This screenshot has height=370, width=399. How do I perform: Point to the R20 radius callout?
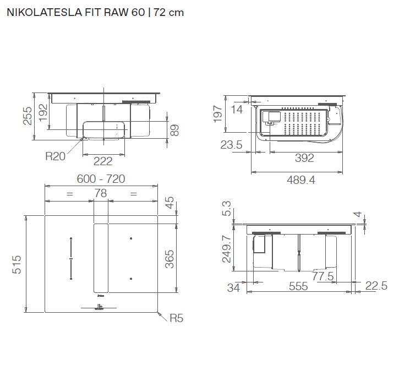(55, 156)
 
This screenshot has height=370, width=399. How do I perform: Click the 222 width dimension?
(103, 161)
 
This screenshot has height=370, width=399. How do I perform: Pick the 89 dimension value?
(174, 130)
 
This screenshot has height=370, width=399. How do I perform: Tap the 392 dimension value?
(303, 159)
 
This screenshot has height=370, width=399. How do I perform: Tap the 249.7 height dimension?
(225, 248)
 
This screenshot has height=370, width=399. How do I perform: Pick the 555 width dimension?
(299, 287)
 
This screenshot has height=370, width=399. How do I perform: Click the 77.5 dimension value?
(323, 276)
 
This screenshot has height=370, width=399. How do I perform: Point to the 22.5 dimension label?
(376, 285)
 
